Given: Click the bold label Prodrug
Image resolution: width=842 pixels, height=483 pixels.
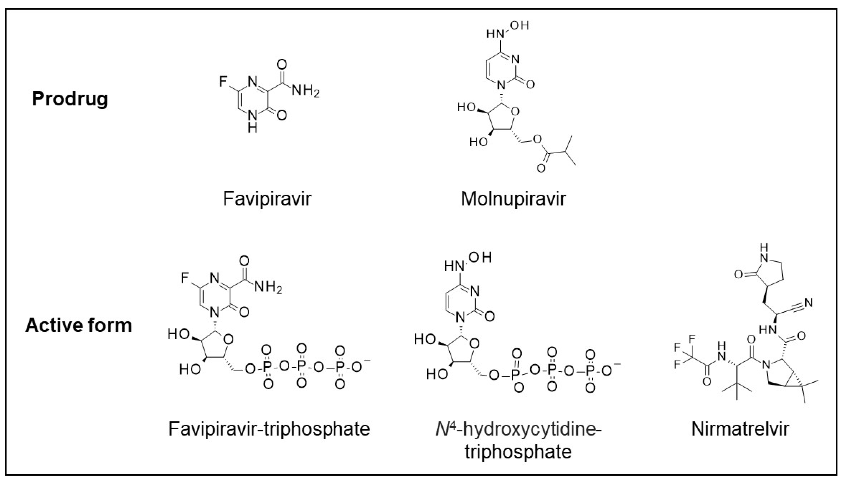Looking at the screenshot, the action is click(x=70, y=99).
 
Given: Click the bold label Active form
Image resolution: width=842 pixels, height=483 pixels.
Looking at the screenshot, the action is click(x=78, y=325).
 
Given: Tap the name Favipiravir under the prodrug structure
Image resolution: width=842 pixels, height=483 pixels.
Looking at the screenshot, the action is click(x=267, y=199).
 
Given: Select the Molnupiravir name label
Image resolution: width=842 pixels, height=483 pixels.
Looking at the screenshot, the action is click(x=513, y=199).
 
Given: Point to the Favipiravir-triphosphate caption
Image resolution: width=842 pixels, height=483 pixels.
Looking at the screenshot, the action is click(x=269, y=429).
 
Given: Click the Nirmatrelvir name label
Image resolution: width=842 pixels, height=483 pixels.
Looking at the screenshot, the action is click(x=740, y=429).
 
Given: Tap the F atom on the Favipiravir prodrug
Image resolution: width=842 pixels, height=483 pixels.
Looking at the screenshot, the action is click(x=223, y=81).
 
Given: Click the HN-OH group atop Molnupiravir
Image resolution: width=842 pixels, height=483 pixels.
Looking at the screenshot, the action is click(x=507, y=30).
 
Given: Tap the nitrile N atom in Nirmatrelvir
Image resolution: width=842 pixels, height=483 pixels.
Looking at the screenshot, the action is click(x=809, y=302).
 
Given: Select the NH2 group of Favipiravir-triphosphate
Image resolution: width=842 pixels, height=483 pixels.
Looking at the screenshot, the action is click(x=268, y=287).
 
